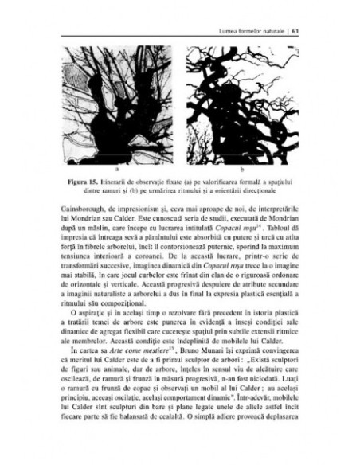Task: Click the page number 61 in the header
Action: tap(295, 10)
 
